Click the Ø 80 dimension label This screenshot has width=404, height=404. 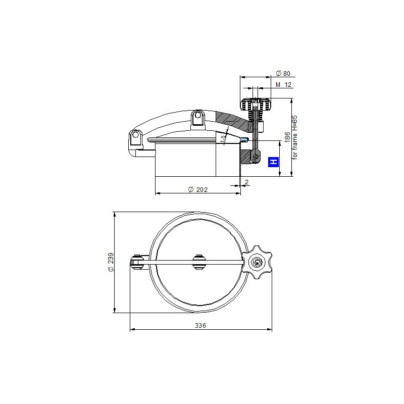[283, 73]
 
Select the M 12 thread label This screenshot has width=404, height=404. [283, 84]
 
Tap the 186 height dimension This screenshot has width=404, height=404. [287, 137]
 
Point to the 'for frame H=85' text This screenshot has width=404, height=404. [295, 137]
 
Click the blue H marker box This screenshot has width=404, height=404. [274, 162]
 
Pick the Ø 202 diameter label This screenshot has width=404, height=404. [197, 190]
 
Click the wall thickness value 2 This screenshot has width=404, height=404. [246, 182]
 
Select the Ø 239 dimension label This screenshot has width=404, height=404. [111, 262]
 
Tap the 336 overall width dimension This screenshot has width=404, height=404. [200, 325]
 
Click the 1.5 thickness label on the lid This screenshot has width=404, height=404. [223, 138]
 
